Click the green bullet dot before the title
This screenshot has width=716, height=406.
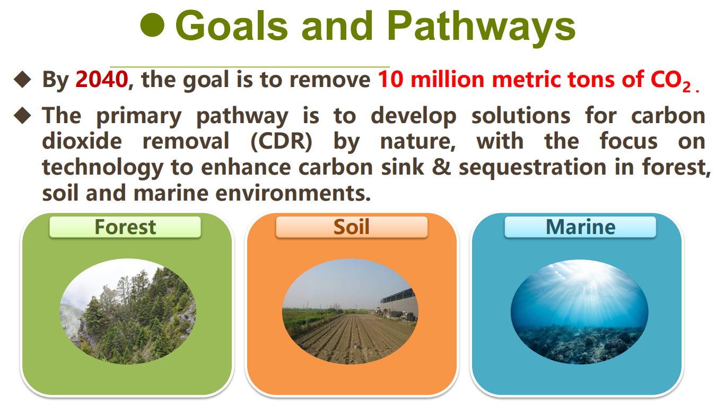(152, 25)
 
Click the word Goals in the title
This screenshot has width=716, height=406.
(232, 25)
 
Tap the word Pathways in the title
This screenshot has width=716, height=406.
(482, 28)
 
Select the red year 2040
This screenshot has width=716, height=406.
(102, 80)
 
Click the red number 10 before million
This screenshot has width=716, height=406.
(390, 80)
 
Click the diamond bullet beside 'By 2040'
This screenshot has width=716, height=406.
(22, 80)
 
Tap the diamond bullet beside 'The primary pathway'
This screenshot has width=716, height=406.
(22, 115)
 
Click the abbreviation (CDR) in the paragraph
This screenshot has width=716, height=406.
(281, 141)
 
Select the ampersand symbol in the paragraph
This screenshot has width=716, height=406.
(441, 167)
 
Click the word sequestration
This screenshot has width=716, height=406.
(532, 168)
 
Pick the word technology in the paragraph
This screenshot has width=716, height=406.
(103, 168)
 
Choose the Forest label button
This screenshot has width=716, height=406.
(125, 227)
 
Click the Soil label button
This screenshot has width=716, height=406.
(352, 227)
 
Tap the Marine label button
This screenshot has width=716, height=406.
(580, 227)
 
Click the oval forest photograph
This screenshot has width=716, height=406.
(128, 312)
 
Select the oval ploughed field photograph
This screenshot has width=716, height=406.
(350, 312)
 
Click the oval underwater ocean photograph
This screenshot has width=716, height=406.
(579, 312)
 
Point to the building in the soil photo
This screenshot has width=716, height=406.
(399, 304)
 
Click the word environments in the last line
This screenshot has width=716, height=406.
(293, 194)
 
